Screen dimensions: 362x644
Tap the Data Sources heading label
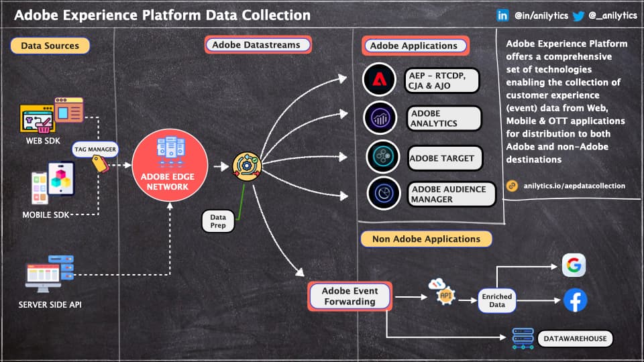[50, 46]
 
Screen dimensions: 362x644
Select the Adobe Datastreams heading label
[257, 45]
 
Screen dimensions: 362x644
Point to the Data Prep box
[218, 222]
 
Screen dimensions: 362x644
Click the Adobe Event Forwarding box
[350, 296]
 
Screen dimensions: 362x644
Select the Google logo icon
[574, 265]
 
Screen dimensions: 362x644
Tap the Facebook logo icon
[575, 300]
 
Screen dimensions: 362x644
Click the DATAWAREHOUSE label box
[575, 339]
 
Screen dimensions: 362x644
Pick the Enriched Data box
[496, 300]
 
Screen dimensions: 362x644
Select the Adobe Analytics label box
[444, 119]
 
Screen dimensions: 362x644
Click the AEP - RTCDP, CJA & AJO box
[443, 80]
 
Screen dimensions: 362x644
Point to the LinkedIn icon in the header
[502, 15]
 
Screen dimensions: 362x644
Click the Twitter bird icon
[578, 16]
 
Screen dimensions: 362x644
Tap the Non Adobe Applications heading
[426, 239]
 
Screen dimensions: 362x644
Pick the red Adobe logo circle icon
[380, 79]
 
